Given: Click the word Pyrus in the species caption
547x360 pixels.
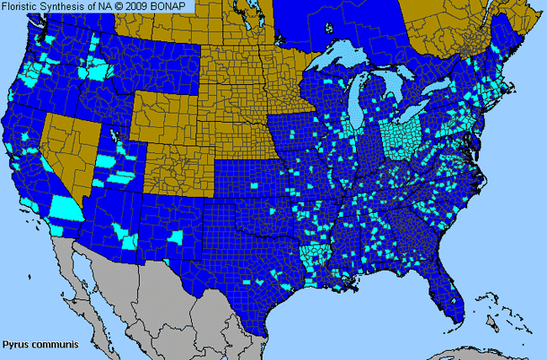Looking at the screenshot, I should coord(14,345).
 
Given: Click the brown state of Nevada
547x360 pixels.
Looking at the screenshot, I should coord(63,147).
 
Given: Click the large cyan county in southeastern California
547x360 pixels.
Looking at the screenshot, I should coord(66,207).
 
